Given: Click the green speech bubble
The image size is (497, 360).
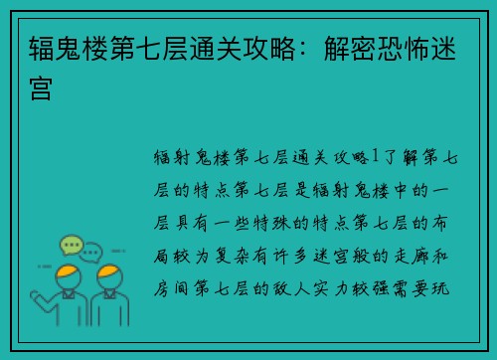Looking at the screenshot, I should click(70, 245).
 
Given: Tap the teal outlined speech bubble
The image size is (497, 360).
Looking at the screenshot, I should click(91, 251).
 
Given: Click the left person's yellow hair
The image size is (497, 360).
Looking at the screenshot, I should click(67, 273).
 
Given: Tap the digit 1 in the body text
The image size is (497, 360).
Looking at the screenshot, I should click(372, 155).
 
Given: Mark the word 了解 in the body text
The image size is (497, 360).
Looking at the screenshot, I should click(396, 155).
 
